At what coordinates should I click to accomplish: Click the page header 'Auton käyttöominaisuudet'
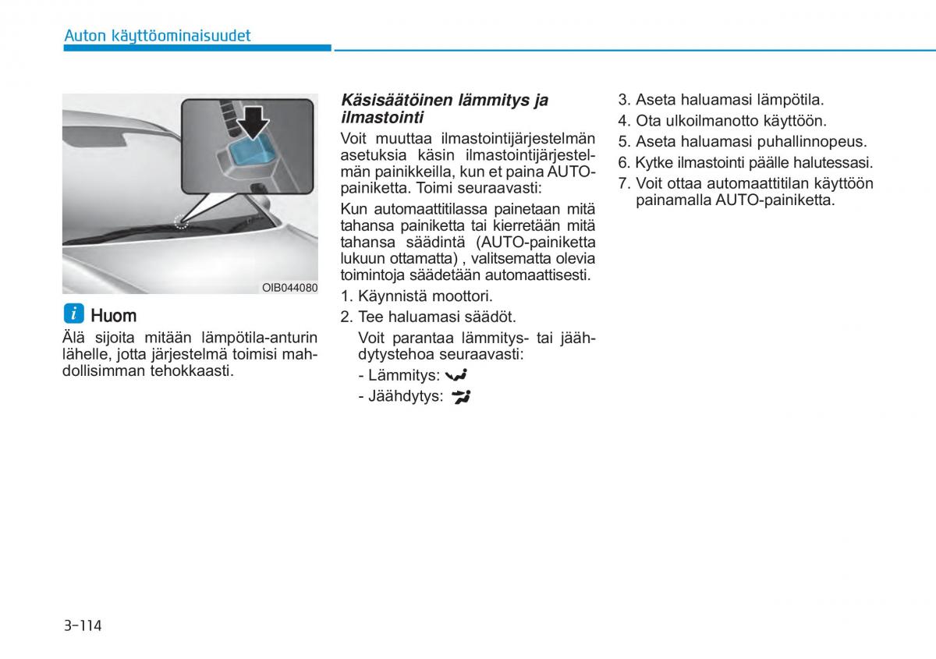tap(157, 35)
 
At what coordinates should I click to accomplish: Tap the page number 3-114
tap(83, 625)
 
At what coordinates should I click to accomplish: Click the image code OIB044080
tap(289, 288)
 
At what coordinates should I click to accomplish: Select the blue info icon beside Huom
tap(73, 314)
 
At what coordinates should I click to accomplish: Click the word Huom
tap(113, 315)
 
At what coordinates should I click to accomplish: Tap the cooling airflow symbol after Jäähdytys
tap(461, 396)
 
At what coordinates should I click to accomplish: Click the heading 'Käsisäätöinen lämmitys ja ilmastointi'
tap(445, 108)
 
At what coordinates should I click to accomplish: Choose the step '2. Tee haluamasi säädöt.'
tap(428, 317)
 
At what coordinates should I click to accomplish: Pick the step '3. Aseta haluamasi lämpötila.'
tap(721, 100)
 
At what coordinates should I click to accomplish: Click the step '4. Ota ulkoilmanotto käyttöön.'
tap(722, 121)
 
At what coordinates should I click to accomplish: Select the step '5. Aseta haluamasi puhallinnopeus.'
tap(743, 142)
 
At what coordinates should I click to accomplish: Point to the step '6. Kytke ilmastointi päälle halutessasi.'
tap(745, 163)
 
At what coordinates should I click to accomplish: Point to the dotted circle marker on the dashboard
tap(181, 221)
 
